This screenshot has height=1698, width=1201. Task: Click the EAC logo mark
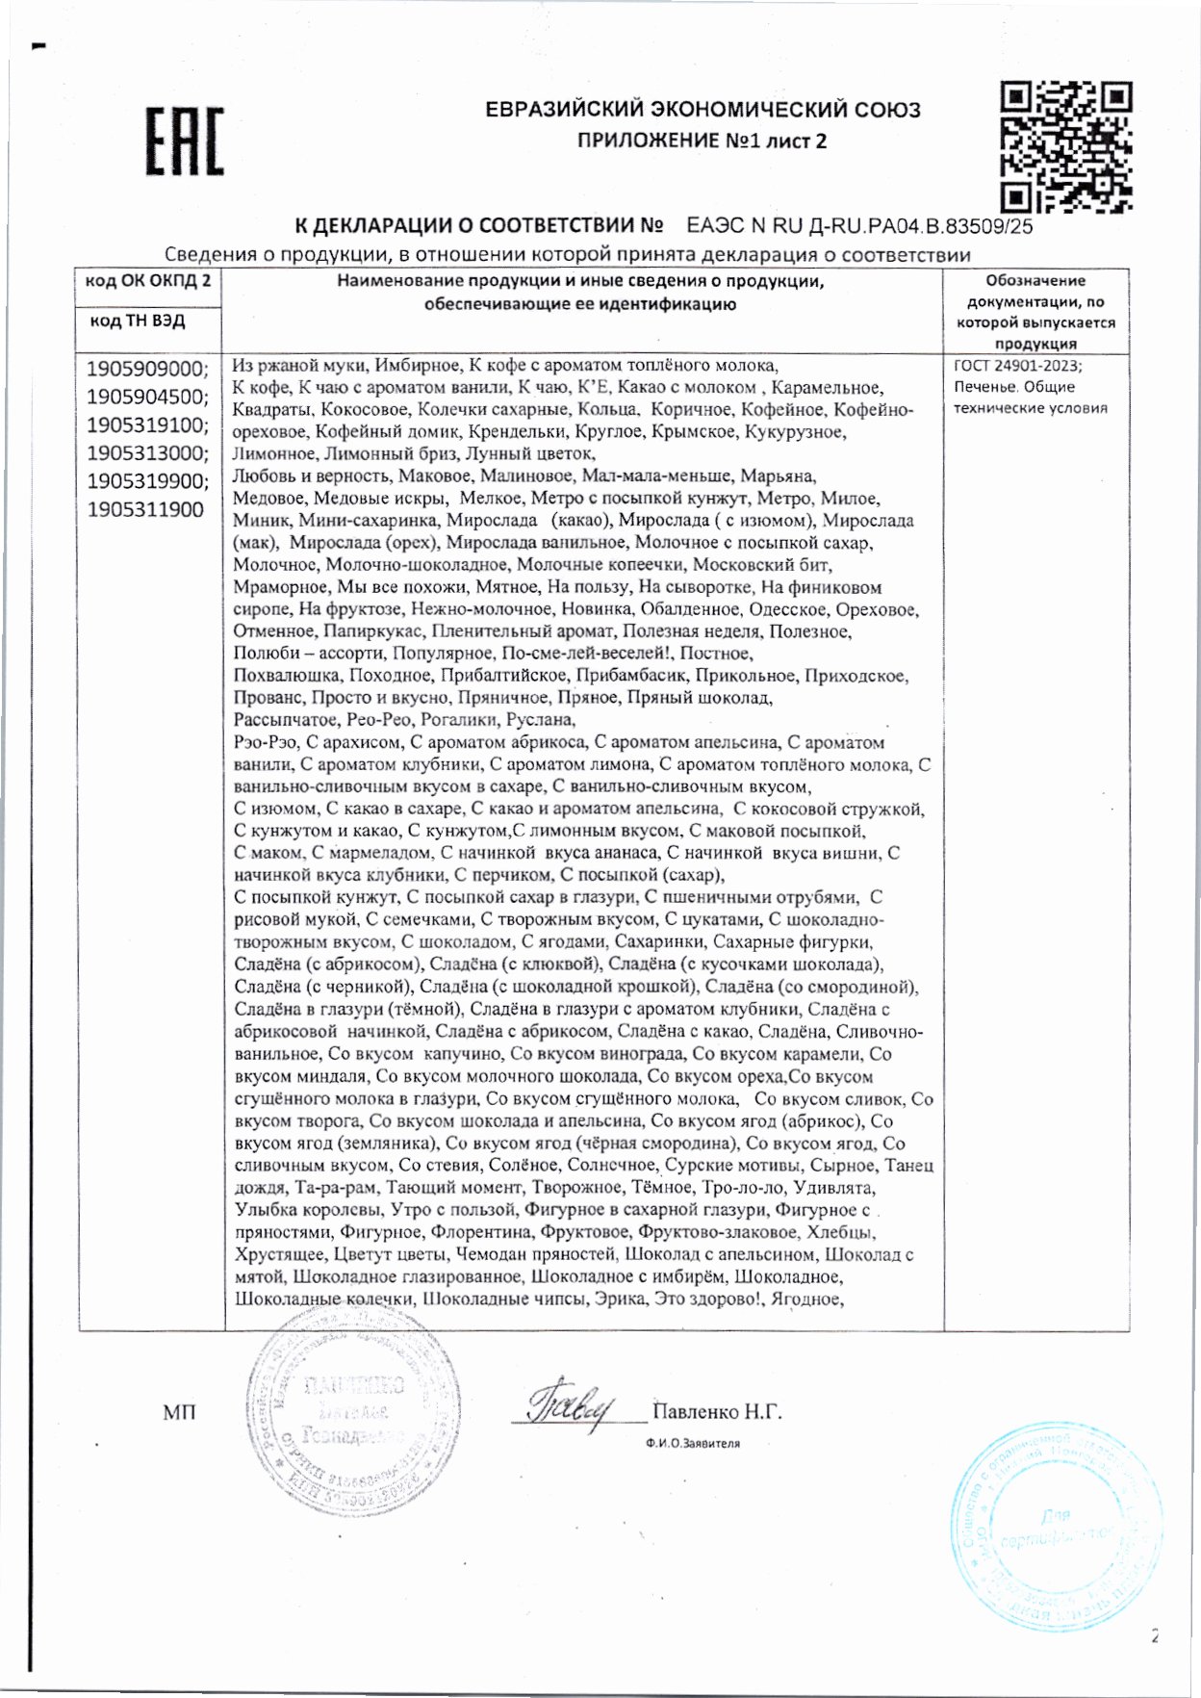185,141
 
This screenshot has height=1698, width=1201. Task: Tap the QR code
1065,146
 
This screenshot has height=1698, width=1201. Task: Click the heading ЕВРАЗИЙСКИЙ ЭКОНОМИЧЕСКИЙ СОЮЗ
703,110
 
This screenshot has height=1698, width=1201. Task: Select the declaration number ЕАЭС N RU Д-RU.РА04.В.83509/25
859,227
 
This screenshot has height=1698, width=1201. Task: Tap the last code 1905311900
145,509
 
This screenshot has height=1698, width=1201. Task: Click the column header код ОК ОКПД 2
148,281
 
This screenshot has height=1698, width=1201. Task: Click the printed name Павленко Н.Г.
717,1412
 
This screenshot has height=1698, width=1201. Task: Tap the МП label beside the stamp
179,1412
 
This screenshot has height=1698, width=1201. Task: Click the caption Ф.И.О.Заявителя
693,1443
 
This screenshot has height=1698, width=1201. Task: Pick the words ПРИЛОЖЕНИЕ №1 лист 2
702,141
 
